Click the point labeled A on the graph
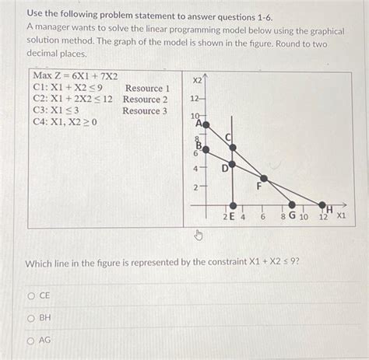(x=206, y=124)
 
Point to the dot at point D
(x=231, y=165)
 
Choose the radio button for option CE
(x=32, y=296)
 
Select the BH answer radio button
(x=32, y=318)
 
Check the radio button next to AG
(x=32, y=340)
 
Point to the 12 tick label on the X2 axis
(x=195, y=99)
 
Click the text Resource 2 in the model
(x=145, y=100)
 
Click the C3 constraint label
(x=40, y=111)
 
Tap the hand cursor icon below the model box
(x=198, y=236)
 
